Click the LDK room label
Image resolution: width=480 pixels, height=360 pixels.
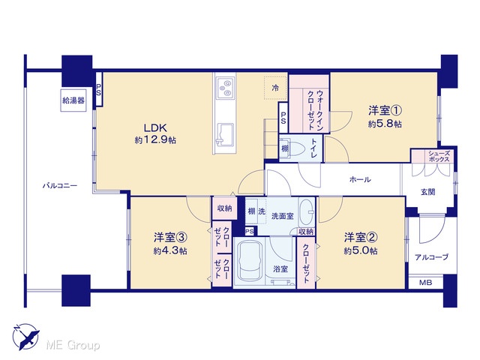[x=155, y=127]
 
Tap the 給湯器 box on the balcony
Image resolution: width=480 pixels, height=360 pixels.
[x=73, y=100]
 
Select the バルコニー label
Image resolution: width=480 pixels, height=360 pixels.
[x=60, y=185]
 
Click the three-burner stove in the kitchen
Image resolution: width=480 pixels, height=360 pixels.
[x=225, y=88]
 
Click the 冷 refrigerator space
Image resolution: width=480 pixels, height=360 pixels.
[x=275, y=88]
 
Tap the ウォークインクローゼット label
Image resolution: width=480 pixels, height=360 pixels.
[x=316, y=110]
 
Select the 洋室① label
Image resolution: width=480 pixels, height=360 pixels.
[x=385, y=110]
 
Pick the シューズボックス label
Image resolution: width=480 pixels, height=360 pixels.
[x=439, y=157]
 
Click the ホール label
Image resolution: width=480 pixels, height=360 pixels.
[x=360, y=179]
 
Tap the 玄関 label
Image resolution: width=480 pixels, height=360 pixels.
[x=428, y=192]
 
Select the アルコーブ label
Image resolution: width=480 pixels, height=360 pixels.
[x=432, y=256]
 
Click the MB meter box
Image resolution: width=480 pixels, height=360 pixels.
[x=425, y=283]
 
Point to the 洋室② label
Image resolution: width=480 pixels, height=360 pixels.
[x=361, y=237]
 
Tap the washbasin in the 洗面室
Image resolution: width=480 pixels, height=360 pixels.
[x=306, y=211]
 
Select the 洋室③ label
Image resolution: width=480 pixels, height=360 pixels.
[x=170, y=237]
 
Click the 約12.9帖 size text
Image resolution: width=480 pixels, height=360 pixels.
[x=155, y=140]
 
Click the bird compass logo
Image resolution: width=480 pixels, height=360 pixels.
[x=26, y=336]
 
